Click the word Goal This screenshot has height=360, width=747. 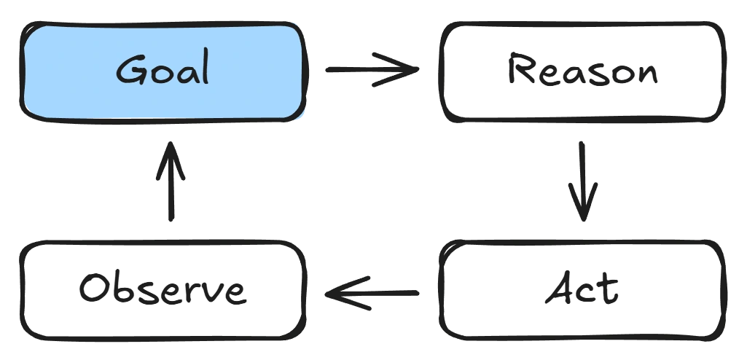pos(163,71)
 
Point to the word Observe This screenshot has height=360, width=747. pos(162,292)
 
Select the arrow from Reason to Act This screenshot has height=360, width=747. pos(584,182)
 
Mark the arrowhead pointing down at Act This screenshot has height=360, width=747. pos(584,211)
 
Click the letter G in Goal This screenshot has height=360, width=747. pos(131,71)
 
